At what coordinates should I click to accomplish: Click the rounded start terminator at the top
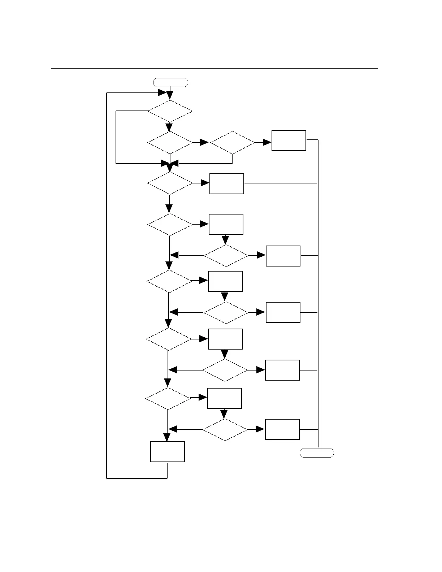pos(171,82)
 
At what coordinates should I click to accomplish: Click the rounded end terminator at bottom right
pos(317,453)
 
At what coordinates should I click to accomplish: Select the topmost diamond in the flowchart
pos(170,111)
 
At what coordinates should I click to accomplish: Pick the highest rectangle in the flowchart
pos(289,140)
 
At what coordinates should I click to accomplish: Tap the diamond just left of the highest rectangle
pos(232,143)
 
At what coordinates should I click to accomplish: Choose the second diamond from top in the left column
pos(170,143)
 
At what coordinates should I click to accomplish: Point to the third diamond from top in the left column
pos(170,183)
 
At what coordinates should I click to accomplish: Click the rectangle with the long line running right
pos(227,184)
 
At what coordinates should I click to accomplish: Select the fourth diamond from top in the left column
pos(170,225)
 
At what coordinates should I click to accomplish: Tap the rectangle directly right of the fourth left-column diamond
pos(226,224)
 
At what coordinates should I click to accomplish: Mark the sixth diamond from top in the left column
pos(169,339)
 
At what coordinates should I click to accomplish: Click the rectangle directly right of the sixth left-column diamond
pos(225,339)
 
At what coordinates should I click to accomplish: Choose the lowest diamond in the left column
pos(168,399)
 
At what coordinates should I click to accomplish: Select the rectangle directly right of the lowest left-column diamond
pos(225,398)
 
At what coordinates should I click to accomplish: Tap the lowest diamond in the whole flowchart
pos(225,430)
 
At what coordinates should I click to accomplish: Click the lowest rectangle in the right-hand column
pos(282,429)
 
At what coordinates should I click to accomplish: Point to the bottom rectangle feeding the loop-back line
pos(168,452)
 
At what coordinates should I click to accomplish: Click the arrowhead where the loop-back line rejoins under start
pos(162,93)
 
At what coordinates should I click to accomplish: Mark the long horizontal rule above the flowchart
pos(214,68)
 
